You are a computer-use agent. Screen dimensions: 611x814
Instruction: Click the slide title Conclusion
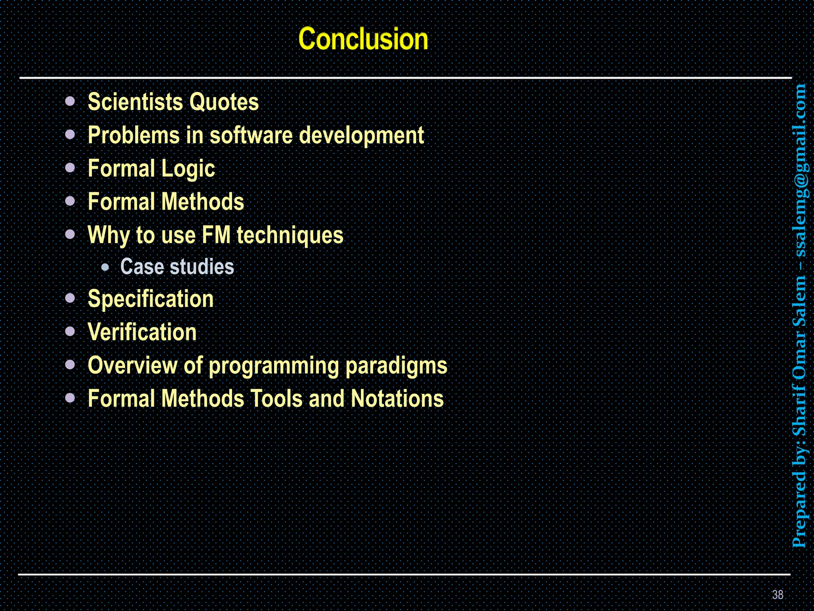[x=363, y=39]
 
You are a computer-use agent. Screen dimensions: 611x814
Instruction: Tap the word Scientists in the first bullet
[x=135, y=102]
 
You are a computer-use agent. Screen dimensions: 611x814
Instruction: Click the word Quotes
[x=224, y=102]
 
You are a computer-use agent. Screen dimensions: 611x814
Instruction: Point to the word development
[x=361, y=135]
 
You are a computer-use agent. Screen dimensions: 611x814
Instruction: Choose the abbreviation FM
[x=216, y=235]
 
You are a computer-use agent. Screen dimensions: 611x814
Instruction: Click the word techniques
[x=290, y=235]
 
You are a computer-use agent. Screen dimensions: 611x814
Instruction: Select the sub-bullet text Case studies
[x=177, y=267]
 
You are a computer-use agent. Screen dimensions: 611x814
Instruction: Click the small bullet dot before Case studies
[x=105, y=267]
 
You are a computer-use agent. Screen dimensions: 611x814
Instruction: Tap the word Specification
[x=151, y=299]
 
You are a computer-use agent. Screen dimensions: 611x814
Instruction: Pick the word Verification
[x=142, y=332]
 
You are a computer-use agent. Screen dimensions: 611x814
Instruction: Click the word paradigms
[x=396, y=366]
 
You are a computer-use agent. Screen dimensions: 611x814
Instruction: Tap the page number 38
[x=777, y=595]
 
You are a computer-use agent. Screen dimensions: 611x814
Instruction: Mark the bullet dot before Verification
[x=70, y=331]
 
